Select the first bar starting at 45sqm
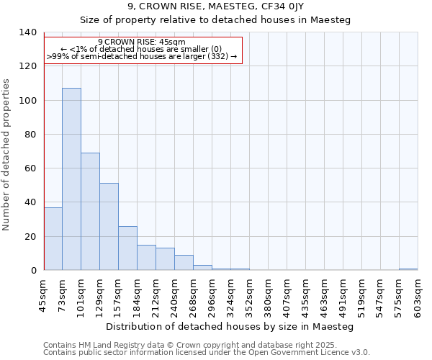(53, 238)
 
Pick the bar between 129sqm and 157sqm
(109, 226)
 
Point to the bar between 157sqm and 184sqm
(127, 248)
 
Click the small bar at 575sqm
(408, 269)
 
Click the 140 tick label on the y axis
(27, 32)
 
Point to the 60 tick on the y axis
(30, 168)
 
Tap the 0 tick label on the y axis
(32, 271)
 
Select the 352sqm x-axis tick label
(249, 297)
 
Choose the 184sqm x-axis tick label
(137, 297)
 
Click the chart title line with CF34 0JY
(215, 6)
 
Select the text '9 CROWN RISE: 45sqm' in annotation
(142, 42)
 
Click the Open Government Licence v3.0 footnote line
(207, 353)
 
